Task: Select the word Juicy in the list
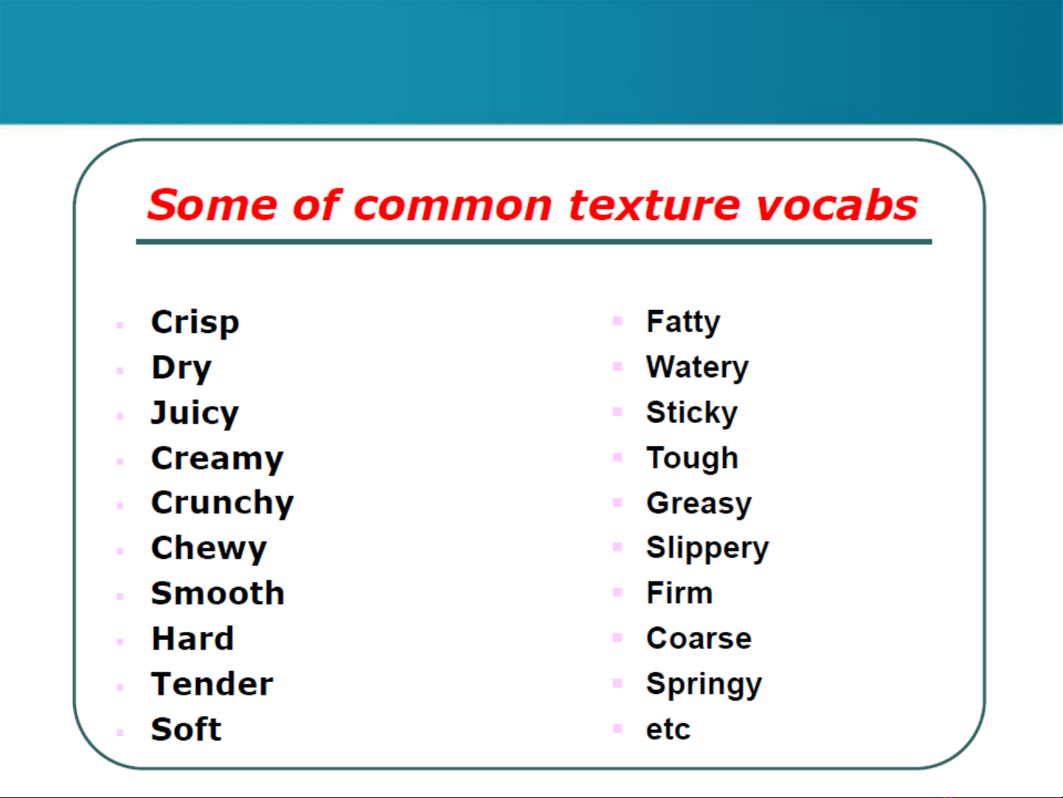point(195,413)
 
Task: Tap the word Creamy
point(217,459)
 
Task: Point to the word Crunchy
point(222,503)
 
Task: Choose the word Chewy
point(209,549)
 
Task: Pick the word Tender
point(212,684)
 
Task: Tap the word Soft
point(186,729)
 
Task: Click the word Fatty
point(683,322)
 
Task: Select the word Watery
point(697,368)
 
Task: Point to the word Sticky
point(692,413)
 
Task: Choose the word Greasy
point(699,504)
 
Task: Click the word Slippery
point(707,549)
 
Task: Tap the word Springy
point(704,685)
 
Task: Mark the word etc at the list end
point(668,729)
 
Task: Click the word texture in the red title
point(654,205)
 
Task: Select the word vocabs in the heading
point(837,205)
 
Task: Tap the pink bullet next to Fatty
point(617,321)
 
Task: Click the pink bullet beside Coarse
point(617,637)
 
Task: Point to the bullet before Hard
point(120,642)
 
